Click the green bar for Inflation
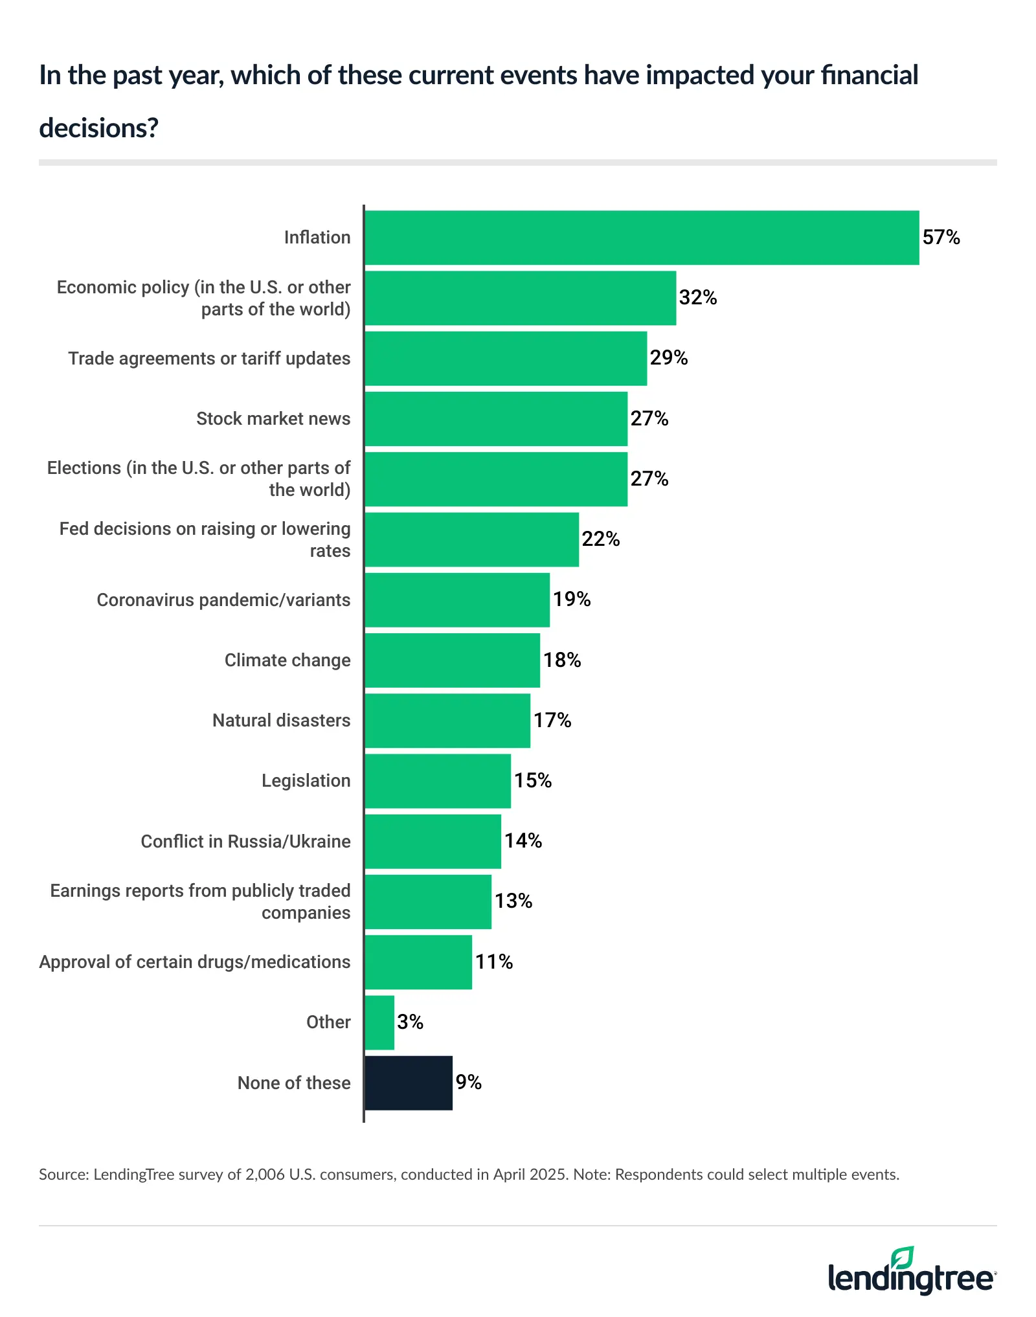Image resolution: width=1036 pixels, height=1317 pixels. (641, 237)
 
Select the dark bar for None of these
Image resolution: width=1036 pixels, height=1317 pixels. (409, 1083)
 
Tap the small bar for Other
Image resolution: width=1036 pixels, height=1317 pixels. (379, 1022)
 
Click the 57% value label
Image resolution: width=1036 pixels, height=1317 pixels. (941, 237)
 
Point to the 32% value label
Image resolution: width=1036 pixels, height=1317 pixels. (697, 297)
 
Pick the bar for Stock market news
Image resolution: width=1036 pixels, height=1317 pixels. (496, 418)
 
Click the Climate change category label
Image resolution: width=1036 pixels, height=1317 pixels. (287, 660)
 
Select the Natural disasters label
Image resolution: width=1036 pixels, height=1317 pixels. (281, 720)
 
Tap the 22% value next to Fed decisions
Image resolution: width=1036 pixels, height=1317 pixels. (600, 539)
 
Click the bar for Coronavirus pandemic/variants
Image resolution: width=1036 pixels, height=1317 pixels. (457, 600)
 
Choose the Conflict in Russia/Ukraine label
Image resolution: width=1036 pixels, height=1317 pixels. (245, 841)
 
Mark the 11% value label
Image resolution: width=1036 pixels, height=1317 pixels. (494, 962)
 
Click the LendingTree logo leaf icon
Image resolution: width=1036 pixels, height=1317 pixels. (902, 1257)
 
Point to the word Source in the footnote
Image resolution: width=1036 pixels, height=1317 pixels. (63, 1175)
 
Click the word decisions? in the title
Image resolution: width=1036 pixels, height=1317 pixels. (98, 128)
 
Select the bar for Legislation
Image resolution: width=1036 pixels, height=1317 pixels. (438, 781)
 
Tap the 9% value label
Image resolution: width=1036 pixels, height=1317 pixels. (468, 1082)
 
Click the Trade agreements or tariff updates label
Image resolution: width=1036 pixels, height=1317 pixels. (209, 358)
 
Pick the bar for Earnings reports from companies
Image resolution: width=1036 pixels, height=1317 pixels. (428, 901)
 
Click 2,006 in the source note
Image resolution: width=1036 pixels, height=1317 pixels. (265, 1175)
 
